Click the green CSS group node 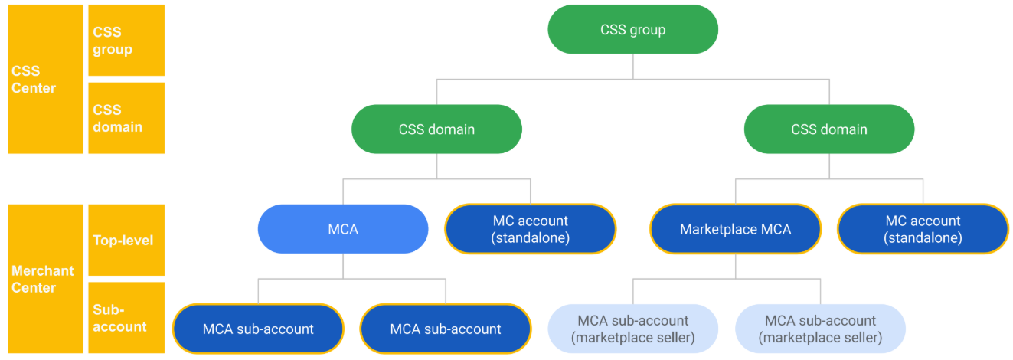point(632,30)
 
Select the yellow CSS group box point(126,41)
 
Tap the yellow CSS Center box point(45,79)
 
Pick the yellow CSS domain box point(126,118)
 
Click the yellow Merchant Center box point(45,279)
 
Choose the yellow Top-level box point(126,240)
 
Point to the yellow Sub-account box point(126,317)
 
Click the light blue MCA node point(343,229)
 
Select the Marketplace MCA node point(735,229)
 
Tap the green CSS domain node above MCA point(436,129)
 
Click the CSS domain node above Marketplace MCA point(829,129)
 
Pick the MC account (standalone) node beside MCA point(531,229)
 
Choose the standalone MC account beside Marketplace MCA point(923,229)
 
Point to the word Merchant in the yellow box point(43,270)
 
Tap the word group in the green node point(649,30)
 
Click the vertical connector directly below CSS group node point(632,66)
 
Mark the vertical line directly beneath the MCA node point(343,267)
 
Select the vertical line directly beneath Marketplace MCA point(735,267)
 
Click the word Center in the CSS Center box point(34,88)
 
